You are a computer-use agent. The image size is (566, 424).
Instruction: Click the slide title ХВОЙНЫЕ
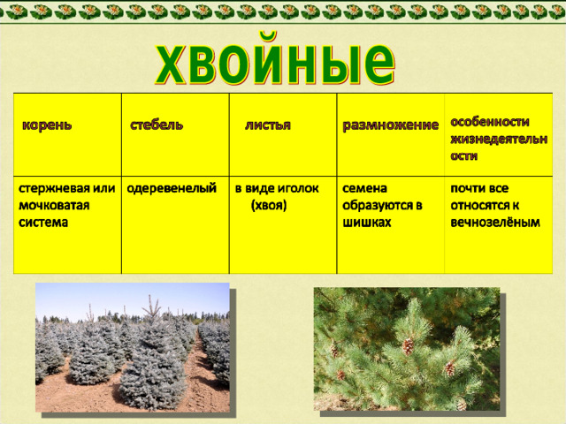[x=275, y=60]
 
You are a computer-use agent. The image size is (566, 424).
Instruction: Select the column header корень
[x=47, y=125]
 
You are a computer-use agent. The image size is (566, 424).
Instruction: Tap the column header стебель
[x=157, y=125]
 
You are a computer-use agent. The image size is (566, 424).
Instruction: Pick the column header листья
[x=267, y=125]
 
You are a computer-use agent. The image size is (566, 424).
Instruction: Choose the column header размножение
[x=390, y=125]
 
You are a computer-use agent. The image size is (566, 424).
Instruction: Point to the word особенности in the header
[x=489, y=122]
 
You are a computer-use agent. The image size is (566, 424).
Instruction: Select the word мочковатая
[x=54, y=205]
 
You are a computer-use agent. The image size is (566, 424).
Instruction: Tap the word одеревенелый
[x=172, y=188]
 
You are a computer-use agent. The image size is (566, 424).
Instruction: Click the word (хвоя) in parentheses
[x=269, y=205]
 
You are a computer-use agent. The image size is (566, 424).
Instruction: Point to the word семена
[x=364, y=188]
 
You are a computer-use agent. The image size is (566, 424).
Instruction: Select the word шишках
[x=367, y=223]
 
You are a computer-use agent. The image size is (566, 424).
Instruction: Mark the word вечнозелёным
[x=495, y=223]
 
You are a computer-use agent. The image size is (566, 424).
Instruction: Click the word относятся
[x=478, y=206]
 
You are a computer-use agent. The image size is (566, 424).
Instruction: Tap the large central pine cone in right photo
[x=408, y=346]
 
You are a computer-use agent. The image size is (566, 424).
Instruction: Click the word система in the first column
[x=43, y=223]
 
